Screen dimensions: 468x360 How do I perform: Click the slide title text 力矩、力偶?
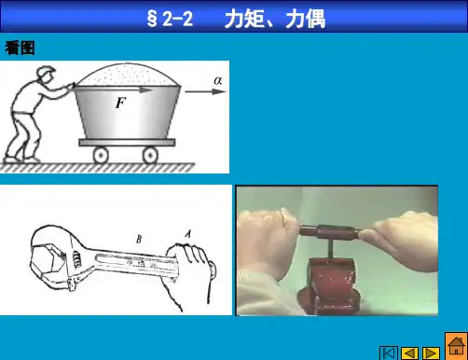click(x=275, y=19)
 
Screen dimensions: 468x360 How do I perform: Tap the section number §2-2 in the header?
click(x=170, y=19)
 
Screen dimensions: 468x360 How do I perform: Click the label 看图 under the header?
click(x=20, y=48)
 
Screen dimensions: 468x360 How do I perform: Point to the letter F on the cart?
click(x=120, y=103)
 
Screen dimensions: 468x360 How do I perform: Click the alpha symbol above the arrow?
click(x=218, y=80)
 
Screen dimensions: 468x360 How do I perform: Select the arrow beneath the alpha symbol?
click(x=205, y=91)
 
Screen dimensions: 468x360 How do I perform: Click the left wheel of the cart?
click(x=101, y=155)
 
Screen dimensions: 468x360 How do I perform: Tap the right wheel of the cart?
click(x=150, y=155)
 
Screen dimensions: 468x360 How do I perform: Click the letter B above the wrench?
click(x=139, y=239)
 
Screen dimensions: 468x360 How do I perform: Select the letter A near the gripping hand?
click(x=187, y=234)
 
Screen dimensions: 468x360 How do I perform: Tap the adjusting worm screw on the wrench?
click(x=76, y=258)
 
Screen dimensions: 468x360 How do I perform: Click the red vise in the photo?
click(x=329, y=284)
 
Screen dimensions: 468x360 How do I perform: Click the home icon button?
click(x=456, y=346)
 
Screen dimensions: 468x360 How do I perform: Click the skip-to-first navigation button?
click(x=389, y=353)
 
